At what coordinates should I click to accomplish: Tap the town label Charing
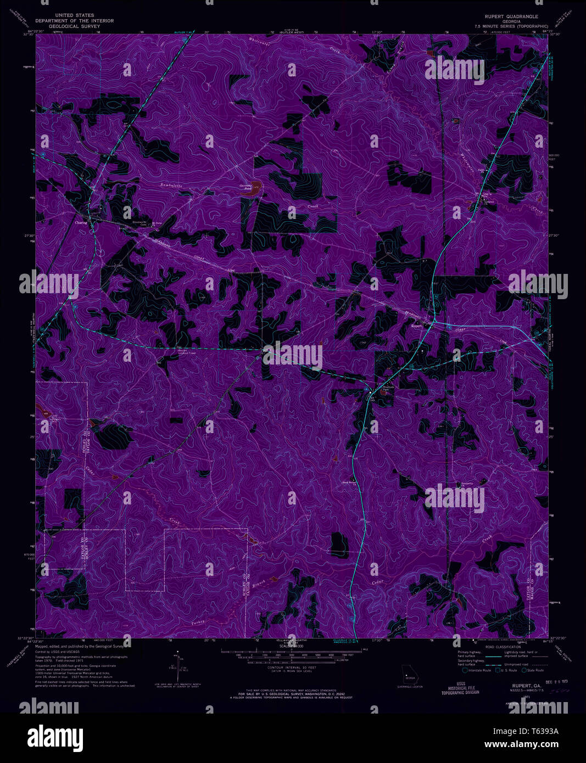(82, 223)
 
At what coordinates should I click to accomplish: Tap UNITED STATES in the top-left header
(75, 15)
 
